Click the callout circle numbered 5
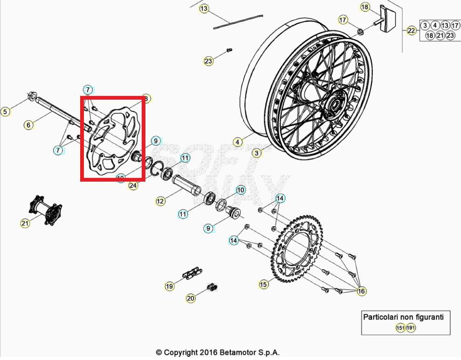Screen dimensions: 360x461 (5, 112)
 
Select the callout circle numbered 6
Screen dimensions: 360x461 (29, 125)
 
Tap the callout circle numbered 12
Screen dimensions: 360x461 (160, 201)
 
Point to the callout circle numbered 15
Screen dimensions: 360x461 (264, 284)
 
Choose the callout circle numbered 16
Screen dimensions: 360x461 (361, 292)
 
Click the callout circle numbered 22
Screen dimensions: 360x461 (411, 31)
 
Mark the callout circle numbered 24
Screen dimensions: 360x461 (133, 186)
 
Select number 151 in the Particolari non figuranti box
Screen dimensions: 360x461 (400, 328)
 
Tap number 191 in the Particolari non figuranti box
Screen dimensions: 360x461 (411, 328)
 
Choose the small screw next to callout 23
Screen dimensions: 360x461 (228, 50)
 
